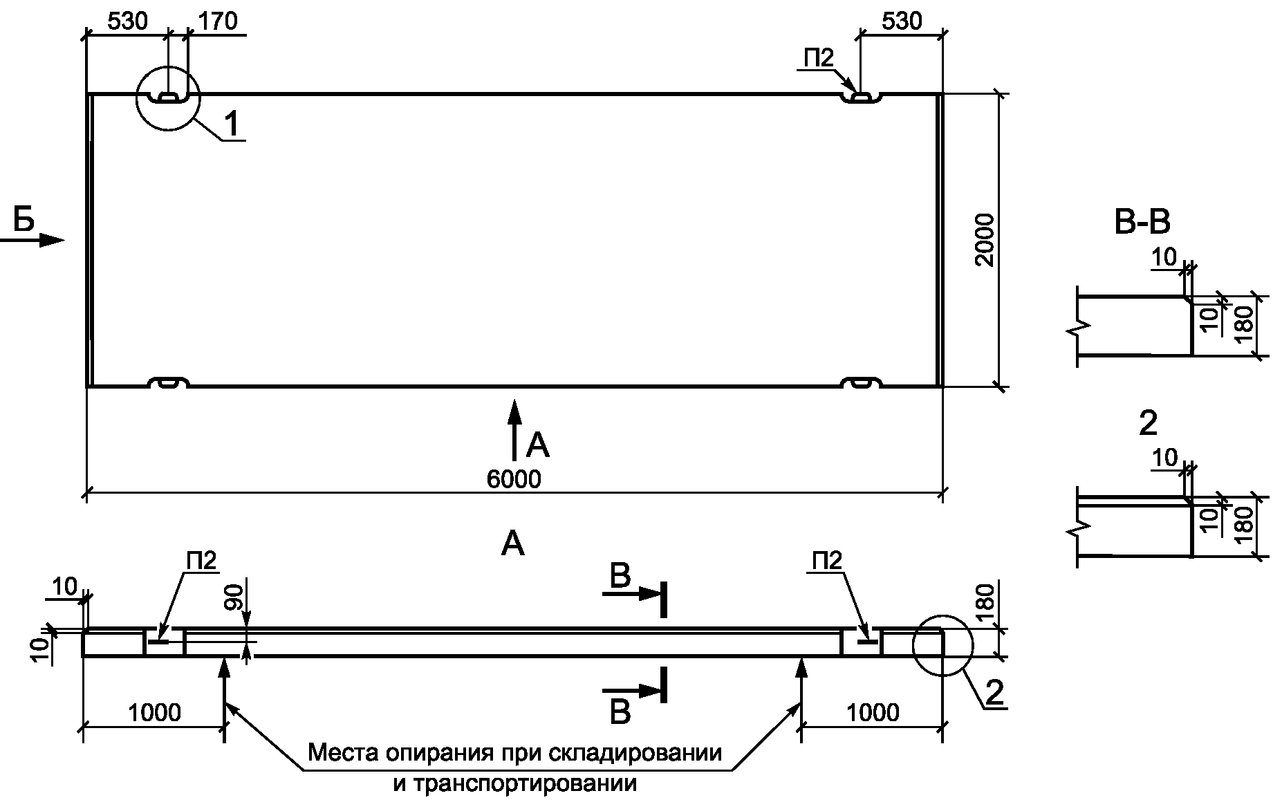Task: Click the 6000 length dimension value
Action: coord(514,478)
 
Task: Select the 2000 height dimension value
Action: coord(984,240)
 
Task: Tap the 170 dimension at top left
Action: coord(218,21)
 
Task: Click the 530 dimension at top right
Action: coord(902,21)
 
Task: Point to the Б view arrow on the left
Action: coord(32,240)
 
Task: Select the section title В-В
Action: coord(1143,223)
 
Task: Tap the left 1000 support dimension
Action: coord(154,711)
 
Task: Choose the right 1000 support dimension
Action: coord(873,711)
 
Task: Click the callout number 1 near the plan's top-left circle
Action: coord(233,124)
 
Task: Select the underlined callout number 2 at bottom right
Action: coord(994,693)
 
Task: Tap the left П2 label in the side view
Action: coord(201,561)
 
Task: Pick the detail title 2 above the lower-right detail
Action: coord(1147,424)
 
